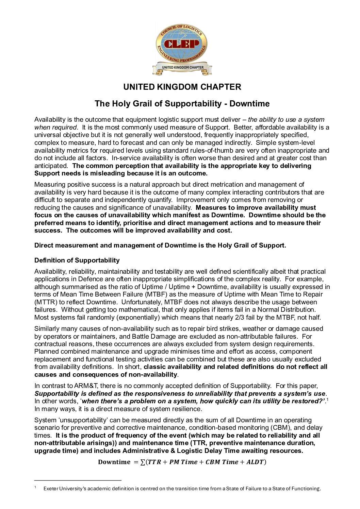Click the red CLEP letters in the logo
coord(182,44)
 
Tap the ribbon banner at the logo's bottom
coord(182,68)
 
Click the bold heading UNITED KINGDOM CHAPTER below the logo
coord(182,87)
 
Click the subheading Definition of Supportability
coord(77,260)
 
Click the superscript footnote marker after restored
coord(327,400)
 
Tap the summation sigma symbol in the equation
coord(143,462)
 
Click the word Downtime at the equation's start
coord(114,462)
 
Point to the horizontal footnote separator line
coord(78,480)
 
